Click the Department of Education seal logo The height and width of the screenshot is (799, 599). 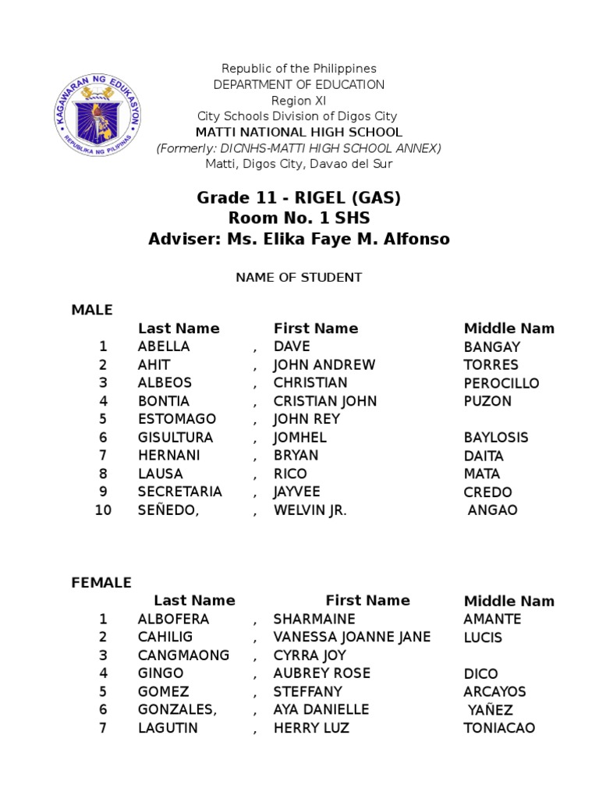point(99,115)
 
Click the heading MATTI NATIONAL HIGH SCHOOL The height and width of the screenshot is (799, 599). point(299,132)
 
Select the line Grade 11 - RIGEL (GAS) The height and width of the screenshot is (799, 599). point(299,197)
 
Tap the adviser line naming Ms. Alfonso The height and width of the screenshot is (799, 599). point(299,239)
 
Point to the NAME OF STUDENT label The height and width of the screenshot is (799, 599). point(299,277)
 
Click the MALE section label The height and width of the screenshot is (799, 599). point(92,310)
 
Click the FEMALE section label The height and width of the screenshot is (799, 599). point(101,583)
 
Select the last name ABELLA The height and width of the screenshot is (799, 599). point(164,346)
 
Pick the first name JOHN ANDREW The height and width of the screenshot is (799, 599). point(324,364)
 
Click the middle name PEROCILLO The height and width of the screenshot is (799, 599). point(501,383)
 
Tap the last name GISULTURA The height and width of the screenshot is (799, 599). point(175,438)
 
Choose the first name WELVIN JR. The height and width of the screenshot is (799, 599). point(310,510)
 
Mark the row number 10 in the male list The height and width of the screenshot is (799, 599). point(103,510)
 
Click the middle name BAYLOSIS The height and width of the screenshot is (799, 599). point(495,438)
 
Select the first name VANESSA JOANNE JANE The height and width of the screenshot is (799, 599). point(352,637)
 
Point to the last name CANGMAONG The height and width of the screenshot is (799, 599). point(183,655)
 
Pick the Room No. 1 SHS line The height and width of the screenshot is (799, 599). point(299,218)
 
